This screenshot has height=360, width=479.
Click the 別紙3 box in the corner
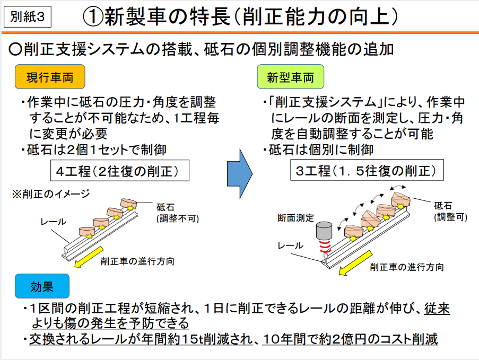click(x=28, y=16)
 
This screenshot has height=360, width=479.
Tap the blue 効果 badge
click(x=42, y=287)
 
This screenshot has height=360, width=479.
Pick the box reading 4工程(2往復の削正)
click(x=119, y=171)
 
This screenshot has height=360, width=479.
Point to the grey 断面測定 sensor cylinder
click(x=323, y=231)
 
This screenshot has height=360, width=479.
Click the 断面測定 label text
click(x=296, y=217)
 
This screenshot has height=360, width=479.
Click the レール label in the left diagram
click(x=53, y=222)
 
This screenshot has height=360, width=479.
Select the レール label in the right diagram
click(x=291, y=245)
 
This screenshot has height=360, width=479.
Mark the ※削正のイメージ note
click(x=51, y=194)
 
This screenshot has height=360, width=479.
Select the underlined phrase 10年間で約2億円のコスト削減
click(x=350, y=339)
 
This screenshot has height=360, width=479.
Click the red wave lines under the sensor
click(x=323, y=246)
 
